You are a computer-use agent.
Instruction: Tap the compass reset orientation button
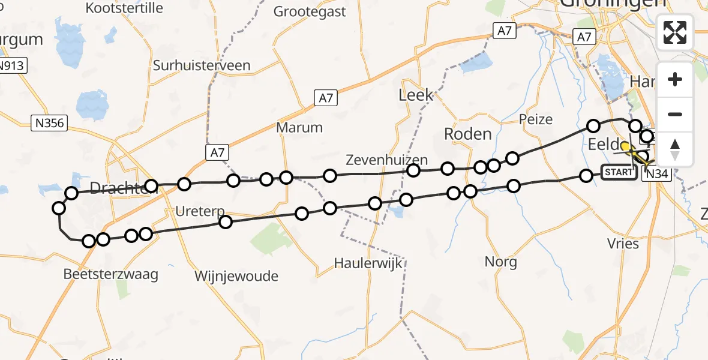(x=675, y=149)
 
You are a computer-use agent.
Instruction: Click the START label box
(x=618, y=173)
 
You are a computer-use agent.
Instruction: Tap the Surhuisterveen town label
(x=202, y=65)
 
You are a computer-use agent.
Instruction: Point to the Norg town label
(x=501, y=262)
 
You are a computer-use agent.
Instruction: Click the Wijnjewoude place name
(x=236, y=276)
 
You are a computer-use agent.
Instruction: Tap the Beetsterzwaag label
(x=111, y=275)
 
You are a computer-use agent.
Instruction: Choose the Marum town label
(x=299, y=127)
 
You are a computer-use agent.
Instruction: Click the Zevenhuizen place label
(x=387, y=160)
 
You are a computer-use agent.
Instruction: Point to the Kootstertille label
(x=125, y=8)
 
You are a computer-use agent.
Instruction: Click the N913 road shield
(x=12, y=65)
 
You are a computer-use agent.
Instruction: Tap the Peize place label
(x=536, y=119)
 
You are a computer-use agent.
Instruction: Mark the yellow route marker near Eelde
(x=626, y=146)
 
